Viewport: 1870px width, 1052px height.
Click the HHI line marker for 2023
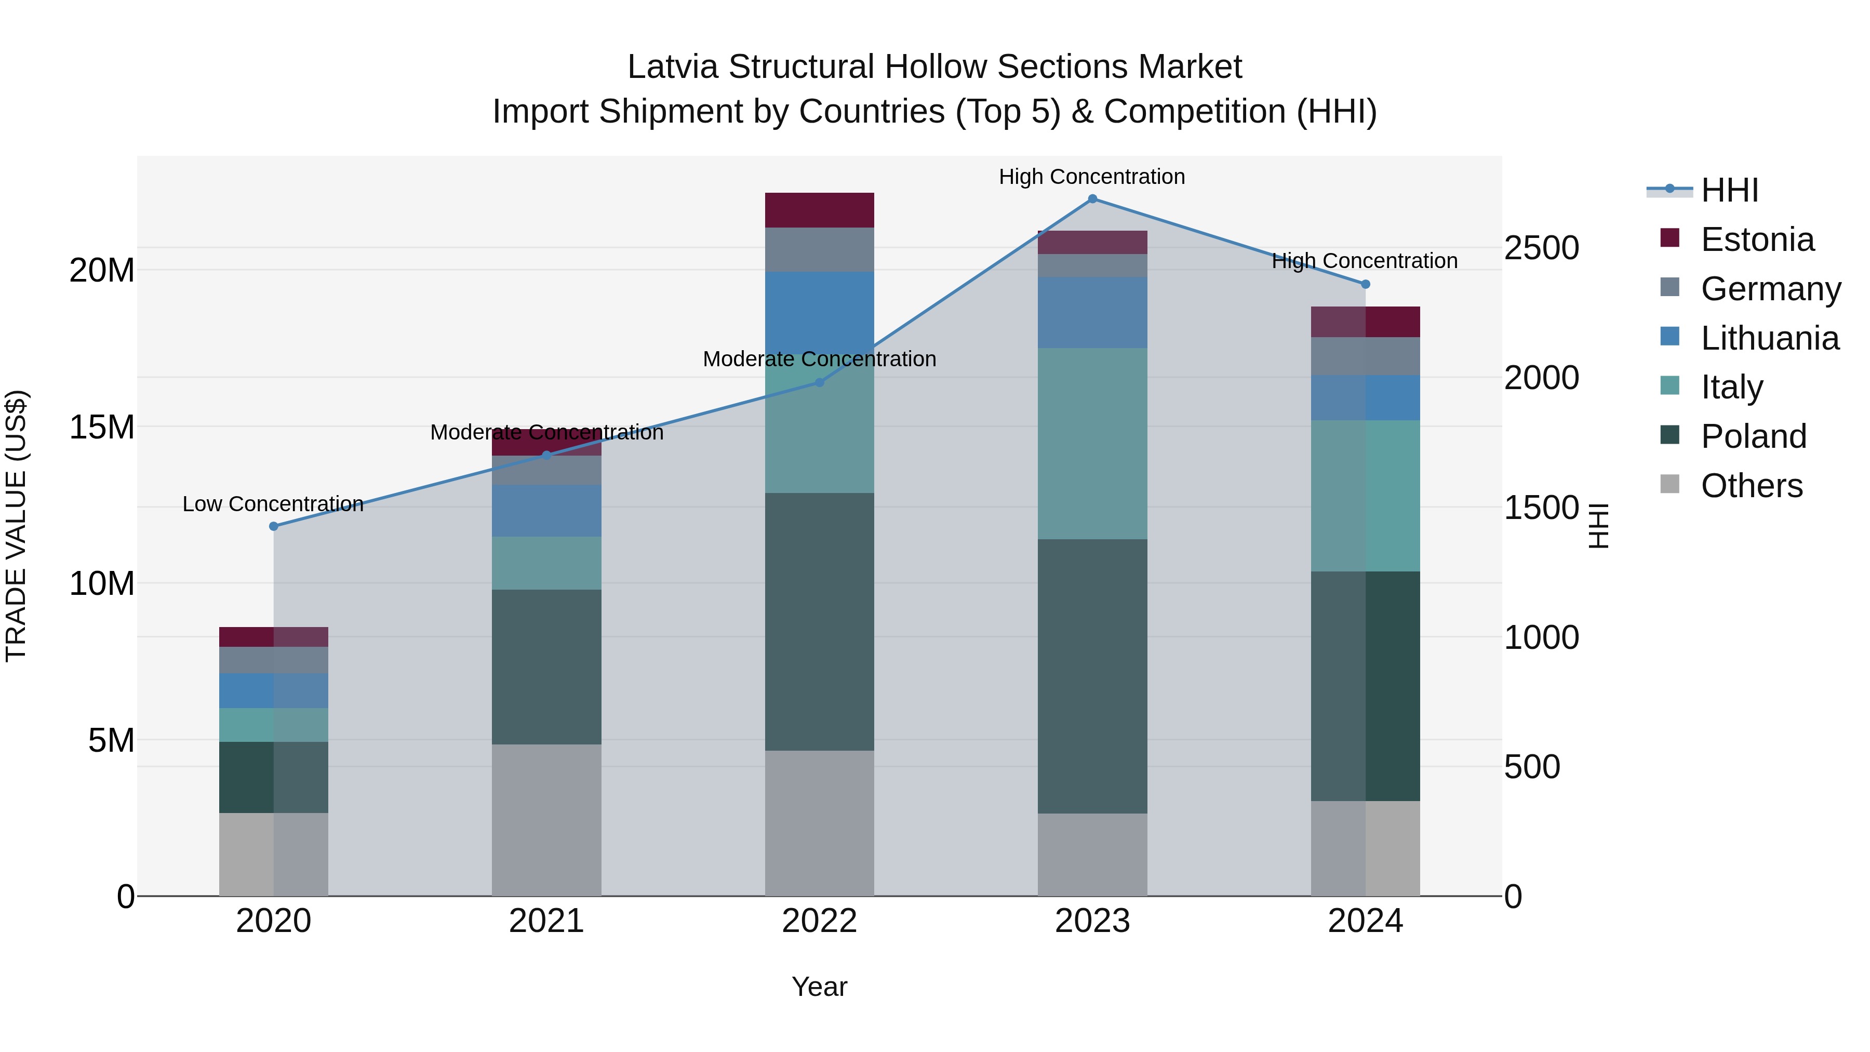(x=1092, y=199)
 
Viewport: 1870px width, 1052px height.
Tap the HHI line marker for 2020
(x=274, y=526)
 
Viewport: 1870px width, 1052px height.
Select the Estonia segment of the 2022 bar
(x=820, y=210)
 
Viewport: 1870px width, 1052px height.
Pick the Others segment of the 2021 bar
(x=546, y=820)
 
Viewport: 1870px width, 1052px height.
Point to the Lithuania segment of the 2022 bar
(x=820, y=313)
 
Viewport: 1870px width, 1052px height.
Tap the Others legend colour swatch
(x=1669, y=484)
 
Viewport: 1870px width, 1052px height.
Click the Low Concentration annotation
(x=273, y=504)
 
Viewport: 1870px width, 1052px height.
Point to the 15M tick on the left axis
(x=102, y=427)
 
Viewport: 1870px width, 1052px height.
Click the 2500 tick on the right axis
(x=1541, y=248)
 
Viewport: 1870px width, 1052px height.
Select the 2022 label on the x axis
(x=820, y=921)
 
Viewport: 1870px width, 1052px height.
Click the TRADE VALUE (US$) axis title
(x=16, y=526)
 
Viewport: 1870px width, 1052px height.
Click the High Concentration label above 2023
(x=1092, y=177)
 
